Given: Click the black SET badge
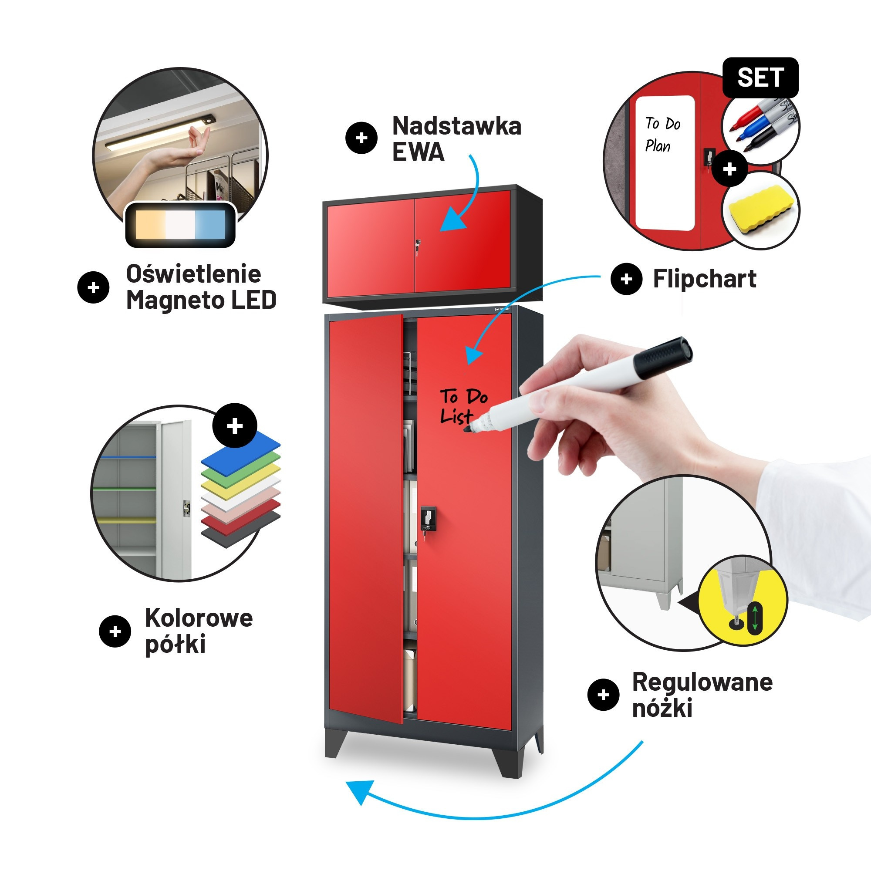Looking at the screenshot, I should [760, 78].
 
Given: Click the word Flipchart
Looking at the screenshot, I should [704, 279].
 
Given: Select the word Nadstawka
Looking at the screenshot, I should [456, 126].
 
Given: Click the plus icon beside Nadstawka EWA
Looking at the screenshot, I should [361, 138].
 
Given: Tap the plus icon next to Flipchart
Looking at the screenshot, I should [626, 279].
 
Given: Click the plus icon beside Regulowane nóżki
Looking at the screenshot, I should [603, 695].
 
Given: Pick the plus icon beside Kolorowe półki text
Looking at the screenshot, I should [115, 631].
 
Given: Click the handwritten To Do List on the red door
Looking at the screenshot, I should [462, 406].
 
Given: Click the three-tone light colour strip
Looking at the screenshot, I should [180, 225].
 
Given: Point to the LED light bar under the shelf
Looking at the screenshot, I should [160, 133].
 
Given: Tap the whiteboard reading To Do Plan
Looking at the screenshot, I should [665, 162].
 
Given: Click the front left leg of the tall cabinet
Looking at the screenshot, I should [336, 743].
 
